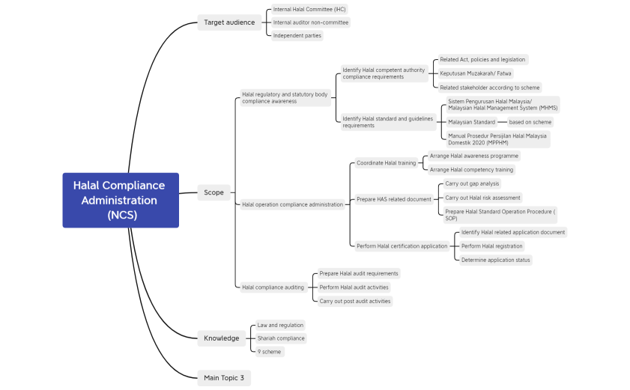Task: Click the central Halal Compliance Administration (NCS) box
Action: pyautogui.click(x=121, y=201)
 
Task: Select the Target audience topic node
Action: pyautogui.click(x=229, y=22)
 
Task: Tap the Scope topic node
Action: pyautogui.click(x=213, y=192)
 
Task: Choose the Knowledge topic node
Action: pyautogui.click(x=221, y=338)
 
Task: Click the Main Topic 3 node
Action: pyautogui.click(x=224, y=378)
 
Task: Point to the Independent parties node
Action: pyautogui.click(x=297, y=35)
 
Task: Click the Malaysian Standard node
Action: pyautogui.click(x=471, y=122)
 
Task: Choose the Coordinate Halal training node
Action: pyautogui.click(x=386, y=163)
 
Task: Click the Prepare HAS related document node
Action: pyautogui.click(x=393, y=199)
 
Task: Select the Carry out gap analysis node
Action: pyautogui.click(x=471, y=183)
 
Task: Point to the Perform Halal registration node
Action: pyautogui.click(x=491, y=246)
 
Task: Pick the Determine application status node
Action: pyautogui.click(x=495, y=260)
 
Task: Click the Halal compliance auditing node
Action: pyautogui.click(x=273, y=287)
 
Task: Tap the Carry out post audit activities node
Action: pyautogui.click(x=354, y=301)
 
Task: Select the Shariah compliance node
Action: pyautogui.click(x=281, y=338)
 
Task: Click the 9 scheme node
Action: pyautogui.click(x=269, y=352)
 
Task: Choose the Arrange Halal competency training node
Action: pyautogui.click(x=471, y=170)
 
